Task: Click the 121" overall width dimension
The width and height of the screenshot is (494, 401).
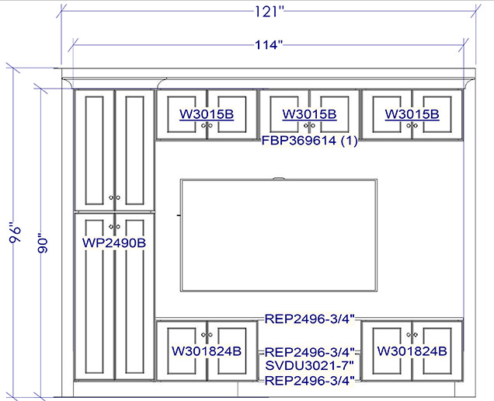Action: pyautogui.click(x=269, y=12)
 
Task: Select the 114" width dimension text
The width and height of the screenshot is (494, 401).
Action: pyautogui.click(x=269, y=45)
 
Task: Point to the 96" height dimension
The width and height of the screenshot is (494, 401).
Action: pyautogui.click(x=15, y=233)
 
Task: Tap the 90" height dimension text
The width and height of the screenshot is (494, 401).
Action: pyautogui.click(x=43, y=243)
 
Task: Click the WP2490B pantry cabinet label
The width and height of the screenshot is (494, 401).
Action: pyautogui.click(x=114, y=242)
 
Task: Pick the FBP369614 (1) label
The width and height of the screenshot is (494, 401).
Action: pyautogui.click(x=310, y=141)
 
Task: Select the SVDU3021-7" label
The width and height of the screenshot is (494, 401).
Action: pyautogui.click(x=310, y=366)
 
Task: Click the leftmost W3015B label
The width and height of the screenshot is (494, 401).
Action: pyautogui.click(x=207, y=113)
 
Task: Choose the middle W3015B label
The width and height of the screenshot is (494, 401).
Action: pyautogui.click(x=309, y=113)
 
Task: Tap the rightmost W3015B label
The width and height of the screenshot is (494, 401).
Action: pyautogui.click(x=412, y=113)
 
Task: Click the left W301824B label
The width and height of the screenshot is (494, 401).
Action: pyautogui.click(x=207, y=351)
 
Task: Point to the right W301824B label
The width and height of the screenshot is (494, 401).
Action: pyautogui.click(x=412, y=351)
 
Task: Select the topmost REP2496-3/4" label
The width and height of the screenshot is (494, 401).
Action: pyautogui.click(x=310, y=319)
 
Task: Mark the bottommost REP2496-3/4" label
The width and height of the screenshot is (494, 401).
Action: pyautogui.click(x=310, y=381)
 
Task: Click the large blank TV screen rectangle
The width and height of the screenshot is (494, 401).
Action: pyautogui.click(x=279, y=235)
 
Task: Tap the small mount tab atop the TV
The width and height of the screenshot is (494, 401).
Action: pyautogui.click(x=279, y=179)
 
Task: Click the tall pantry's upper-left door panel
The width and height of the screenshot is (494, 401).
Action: pyautogui.click(x=95, y=151)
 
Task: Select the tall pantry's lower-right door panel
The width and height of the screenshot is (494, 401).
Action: pyautogui.click(x=134, y=296)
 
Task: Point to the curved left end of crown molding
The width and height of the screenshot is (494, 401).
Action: pyautogui.click(x=67, y=83)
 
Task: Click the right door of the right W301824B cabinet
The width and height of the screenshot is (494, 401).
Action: pyautogui.click(x=437, y=351)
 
